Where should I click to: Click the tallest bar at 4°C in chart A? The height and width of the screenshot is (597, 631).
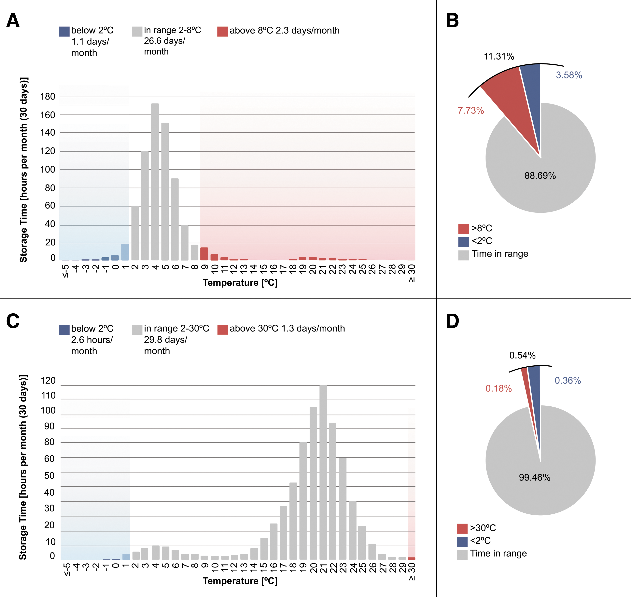click(x=155, y=182)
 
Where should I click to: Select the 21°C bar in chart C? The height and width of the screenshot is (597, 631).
click(x=323, y=472)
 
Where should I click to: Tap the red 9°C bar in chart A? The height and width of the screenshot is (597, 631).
click(x=204, y=254)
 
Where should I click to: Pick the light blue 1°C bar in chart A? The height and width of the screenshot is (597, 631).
click(x=125, y=252)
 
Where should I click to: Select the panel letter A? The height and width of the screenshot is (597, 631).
click(x=13, y=21)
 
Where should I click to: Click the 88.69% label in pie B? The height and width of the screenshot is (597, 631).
click(x=540, y=176)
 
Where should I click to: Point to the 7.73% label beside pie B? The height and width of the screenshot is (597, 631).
click(x=471, y=110)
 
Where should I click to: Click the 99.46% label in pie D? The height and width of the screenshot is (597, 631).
click(x=535, y=477)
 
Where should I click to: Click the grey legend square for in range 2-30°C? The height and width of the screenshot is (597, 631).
click(x=137, y=330)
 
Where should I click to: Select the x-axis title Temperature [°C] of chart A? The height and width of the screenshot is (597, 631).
click(x=240, y=283)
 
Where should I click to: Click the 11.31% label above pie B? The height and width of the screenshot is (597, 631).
click(x=499, y=56)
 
